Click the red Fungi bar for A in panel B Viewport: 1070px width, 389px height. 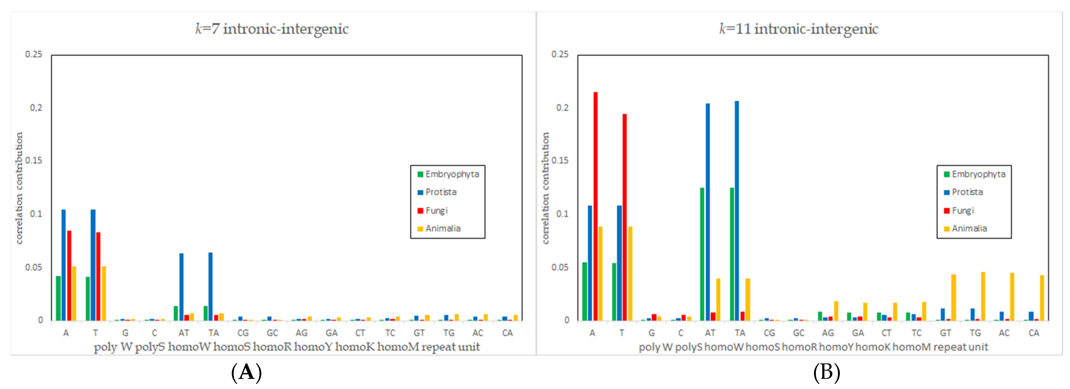(x=595, y=206)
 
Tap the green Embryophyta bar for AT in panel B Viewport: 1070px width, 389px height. (x=702, y=254)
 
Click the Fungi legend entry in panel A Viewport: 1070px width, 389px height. (x=436, y=211)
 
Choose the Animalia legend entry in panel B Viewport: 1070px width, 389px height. (x=969, y=228)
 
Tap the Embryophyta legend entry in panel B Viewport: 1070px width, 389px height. (x=978, y=174)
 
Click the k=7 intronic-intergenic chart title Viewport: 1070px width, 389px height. (x=272, y=29)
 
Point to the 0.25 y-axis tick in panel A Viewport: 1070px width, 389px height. (x=33, y=54)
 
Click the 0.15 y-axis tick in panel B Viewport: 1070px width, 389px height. (x=560, y=161)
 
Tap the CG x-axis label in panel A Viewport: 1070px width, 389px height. (x=243, y=333)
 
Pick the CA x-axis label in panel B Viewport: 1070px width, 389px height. (x=1034, y=333)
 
